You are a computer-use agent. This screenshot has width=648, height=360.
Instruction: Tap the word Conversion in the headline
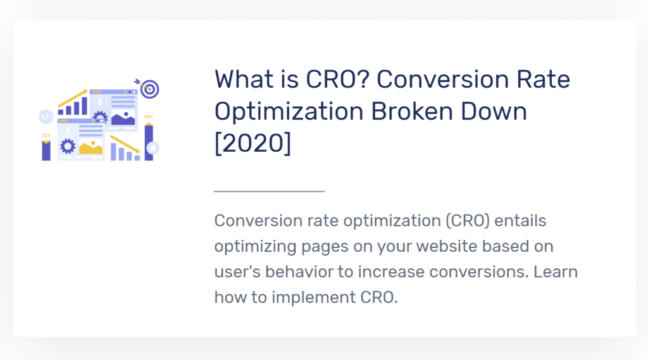[442, 79]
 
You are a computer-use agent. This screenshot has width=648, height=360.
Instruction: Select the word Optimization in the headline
[289, 111]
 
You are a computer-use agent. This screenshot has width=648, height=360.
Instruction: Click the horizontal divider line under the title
[269, 191]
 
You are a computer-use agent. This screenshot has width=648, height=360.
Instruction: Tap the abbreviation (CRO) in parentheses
[468, 221]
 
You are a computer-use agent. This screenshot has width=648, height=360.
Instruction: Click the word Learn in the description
[556, 271]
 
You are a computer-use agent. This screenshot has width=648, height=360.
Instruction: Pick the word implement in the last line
[313, 297]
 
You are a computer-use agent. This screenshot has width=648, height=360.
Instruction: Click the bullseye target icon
[149, 89]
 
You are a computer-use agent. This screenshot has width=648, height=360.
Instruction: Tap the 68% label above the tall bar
[149, 117]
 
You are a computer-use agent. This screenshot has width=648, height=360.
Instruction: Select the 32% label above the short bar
[46, 135]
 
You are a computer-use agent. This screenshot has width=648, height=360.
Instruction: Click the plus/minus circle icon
[46, 117]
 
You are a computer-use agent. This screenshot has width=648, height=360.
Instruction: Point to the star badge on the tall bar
[153, 147]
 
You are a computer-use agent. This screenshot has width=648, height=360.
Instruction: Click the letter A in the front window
[68, 132]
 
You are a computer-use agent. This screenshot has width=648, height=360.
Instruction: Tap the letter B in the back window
[99, 102]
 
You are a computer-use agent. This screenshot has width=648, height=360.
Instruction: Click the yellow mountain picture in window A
[91, 147]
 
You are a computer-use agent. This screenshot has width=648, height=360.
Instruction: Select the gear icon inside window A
[68, 146]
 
